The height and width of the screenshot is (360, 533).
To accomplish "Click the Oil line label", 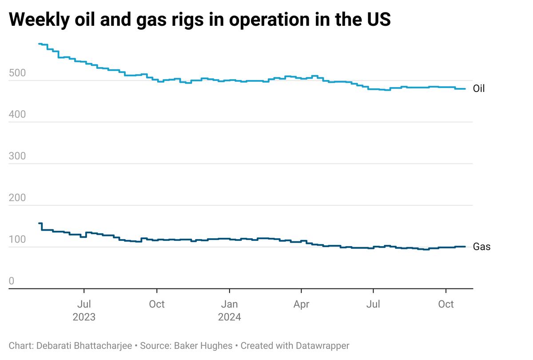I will click(x=479, y=89).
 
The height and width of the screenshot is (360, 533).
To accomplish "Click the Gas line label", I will click(x=481, y=247).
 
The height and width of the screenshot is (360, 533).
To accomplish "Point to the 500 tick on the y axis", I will click(x=17, y=73).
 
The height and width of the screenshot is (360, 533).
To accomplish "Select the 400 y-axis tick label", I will click(x=17, y=115).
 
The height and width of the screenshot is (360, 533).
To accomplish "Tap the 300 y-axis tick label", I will click(x=17, y=156).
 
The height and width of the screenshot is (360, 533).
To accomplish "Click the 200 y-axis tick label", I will click(x=17, y=198).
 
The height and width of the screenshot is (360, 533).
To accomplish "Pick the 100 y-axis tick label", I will click(x=17, y=240).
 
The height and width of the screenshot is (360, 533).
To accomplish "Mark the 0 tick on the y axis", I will click(x=12, y=281).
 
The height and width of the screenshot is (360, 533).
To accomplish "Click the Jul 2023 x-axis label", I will click(x=84, y=310).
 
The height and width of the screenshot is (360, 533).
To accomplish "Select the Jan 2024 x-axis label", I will click(x=229, y=310).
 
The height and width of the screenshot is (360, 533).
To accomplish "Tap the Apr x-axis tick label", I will click(x=301, y=304).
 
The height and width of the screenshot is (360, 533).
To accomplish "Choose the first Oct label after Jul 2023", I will click(x=156, y=304).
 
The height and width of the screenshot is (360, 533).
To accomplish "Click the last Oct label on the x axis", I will click(x=446, y=304).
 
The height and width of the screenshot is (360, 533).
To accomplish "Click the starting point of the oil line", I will click(x=39, y=44).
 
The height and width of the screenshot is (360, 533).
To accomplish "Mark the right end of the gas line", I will click(x=465, y=247).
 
